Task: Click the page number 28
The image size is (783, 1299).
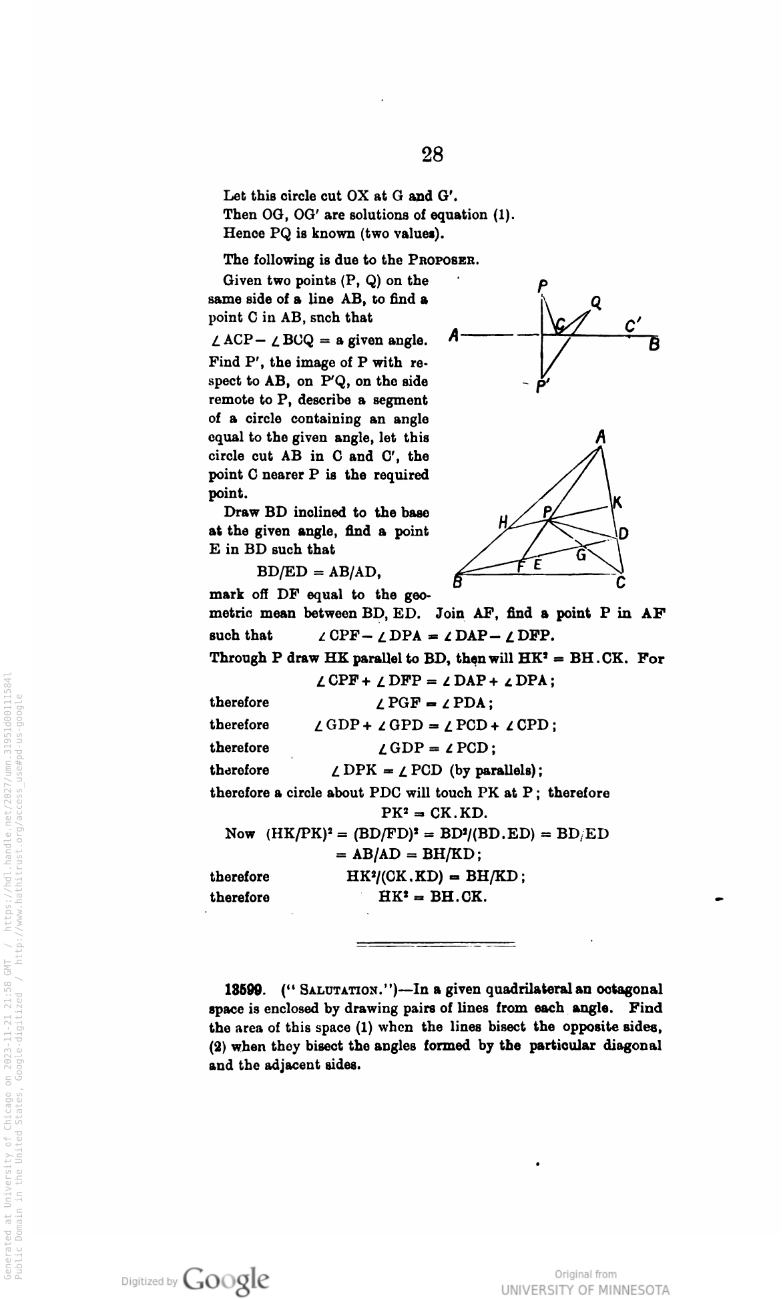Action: point(433,155)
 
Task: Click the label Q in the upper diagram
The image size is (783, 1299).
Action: point(596,303)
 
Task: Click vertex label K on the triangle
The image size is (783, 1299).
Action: point(617,503)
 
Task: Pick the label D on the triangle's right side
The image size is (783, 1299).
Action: point(623,533)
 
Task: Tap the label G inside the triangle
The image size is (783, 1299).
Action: point(581,555)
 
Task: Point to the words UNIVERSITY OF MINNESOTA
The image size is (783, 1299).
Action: point(585,1288)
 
